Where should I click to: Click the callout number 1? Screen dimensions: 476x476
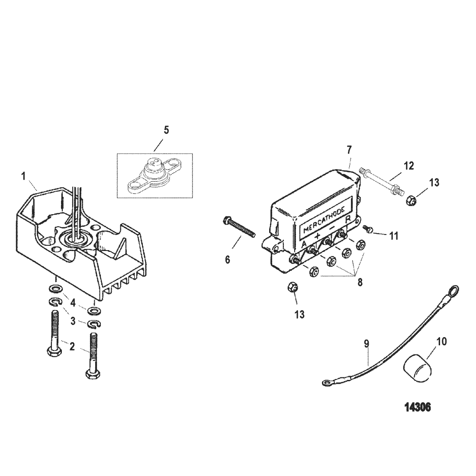[24, 177]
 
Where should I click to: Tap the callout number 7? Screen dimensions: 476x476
[349, 149]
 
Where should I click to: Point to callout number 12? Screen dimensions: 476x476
[409, 166]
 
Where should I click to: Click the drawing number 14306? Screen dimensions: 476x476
[418, 407]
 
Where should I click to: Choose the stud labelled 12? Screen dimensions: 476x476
[381, 180]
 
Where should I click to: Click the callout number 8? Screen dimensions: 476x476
[360, 282]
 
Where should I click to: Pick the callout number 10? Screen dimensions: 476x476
[442, 341]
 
